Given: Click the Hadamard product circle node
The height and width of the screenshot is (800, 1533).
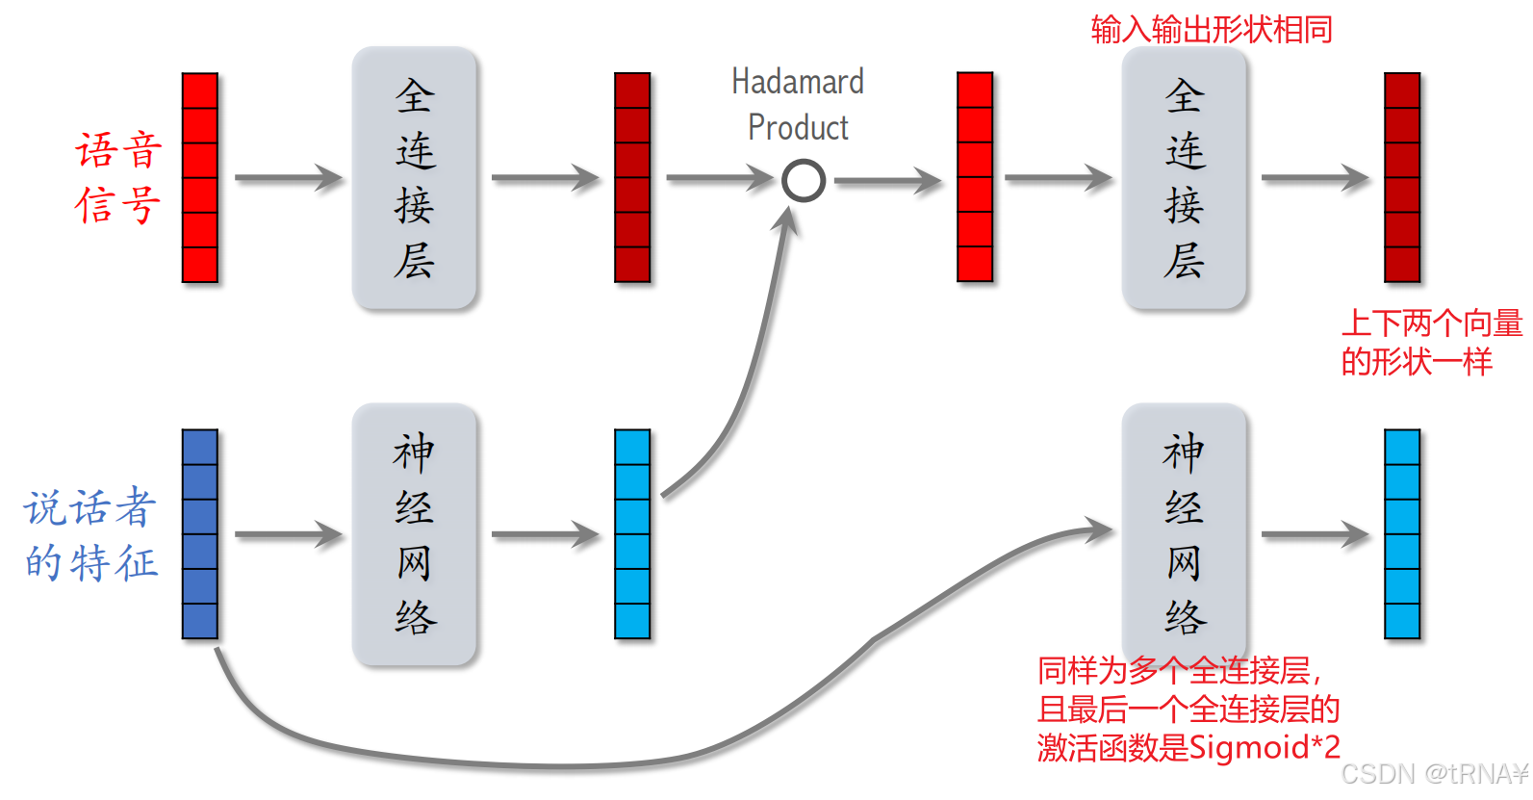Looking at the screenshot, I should pyautogui.click(x=803, y=180).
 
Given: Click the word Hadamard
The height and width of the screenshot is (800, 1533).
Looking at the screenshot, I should pyautogui.click(x=798, y=82).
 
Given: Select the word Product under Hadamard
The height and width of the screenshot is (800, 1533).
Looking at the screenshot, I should pyautogui.click(x=798, y=128).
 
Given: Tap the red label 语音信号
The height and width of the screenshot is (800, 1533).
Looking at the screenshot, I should pyautogui.click(x=118, y=178).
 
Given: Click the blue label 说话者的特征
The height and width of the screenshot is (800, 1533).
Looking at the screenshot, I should pyautogui.click(x=91, y=535).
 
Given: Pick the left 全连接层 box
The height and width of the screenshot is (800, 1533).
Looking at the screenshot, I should pyautogui.click(x=414, y=178).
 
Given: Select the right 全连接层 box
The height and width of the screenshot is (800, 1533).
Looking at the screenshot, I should pyautogui.click(x=1184, y=178).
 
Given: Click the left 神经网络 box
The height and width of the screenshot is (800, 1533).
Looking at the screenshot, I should pyautogui.click(x=414, y=534).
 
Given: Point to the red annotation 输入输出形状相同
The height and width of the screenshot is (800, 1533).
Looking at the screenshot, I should pyautogui.click(x=1212, y=30).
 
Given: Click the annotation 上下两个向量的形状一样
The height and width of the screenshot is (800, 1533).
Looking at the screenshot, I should pyautogui.click(x=1431, y=342).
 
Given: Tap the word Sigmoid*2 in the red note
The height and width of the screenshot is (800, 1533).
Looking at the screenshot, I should pyautogui.click(x=1265, y=747).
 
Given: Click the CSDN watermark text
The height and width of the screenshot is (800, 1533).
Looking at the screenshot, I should pyautogui.click(x=1433, y=774).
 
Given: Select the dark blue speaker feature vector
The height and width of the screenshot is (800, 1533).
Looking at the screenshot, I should pyautogui.click(x=200, y=534).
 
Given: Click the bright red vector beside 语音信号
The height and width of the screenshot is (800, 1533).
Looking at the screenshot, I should pyautogui.click(x=200, y=178).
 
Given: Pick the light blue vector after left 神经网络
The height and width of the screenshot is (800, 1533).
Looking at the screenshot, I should pyautogui.click(x=632, y=534).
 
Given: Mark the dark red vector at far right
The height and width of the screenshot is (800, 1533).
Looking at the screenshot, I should pyautogui.click(x=1402, y=178).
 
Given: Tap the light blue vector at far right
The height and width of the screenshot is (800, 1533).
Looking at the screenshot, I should pyautogui.click(x=1402, y=534).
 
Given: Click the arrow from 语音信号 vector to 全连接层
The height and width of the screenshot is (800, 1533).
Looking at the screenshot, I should pyautogui.click(x=288, y=178).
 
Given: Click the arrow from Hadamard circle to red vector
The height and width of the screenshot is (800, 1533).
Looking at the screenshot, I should pyautogui.click(x=886, y=180).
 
